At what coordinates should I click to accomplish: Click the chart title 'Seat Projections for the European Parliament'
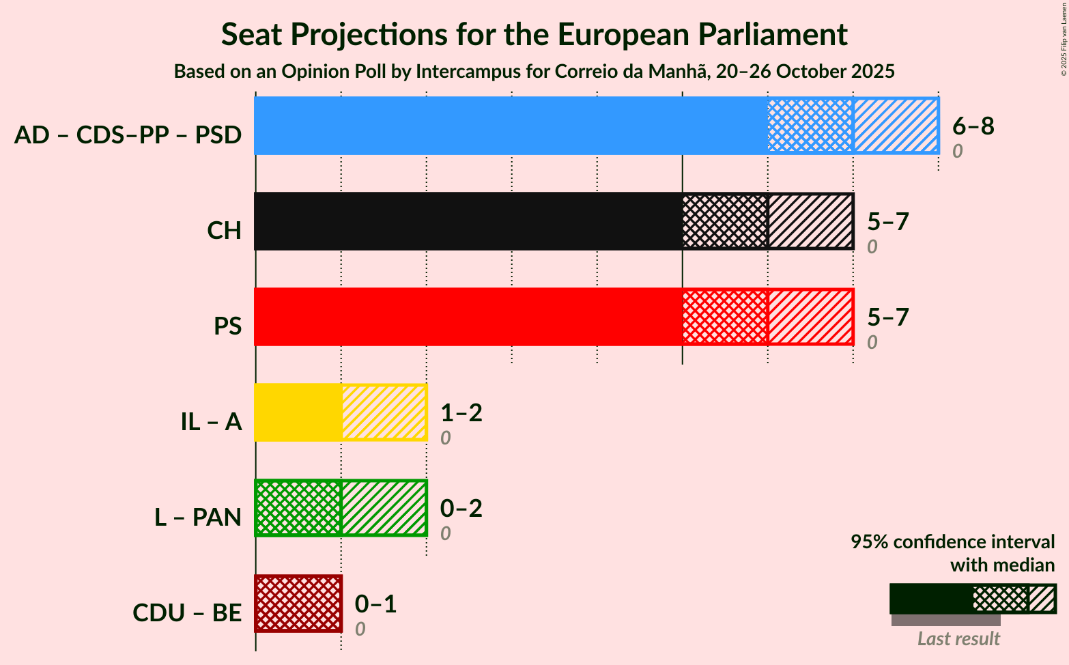click(x=534, y=35)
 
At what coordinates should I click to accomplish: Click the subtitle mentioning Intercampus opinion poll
click(x=534, y=72)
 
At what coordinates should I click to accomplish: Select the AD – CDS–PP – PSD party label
click(x=128, y=135)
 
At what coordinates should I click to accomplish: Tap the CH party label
click(x=225, y=231)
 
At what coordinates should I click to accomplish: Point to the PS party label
click(x=227, y=326)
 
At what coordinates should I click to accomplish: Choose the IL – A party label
click(x=211, y=422)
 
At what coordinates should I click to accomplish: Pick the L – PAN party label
click(x=198, y=518)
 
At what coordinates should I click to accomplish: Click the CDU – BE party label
click(x=187, y=613)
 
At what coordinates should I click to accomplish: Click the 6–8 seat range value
click(x=973, y=126)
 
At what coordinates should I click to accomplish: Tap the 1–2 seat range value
click(x=461, y=412)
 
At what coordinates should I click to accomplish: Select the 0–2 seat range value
click(x=461, y=508)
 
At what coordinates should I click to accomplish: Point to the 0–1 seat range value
click(x=376, y=604)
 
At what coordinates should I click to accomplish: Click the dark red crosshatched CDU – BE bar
click(x=298, y=604)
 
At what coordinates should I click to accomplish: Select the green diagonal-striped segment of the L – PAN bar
click(x=384, y=508)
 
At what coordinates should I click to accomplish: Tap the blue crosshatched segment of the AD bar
click(x=810, y=126)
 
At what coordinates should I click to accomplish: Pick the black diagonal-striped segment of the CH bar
click(x=810, y=221)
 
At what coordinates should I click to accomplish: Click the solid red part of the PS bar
click(x=468, y=317)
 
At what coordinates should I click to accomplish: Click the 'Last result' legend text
click(x=958, y=638)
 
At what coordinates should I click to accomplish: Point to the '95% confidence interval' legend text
click(x=952, y=542)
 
